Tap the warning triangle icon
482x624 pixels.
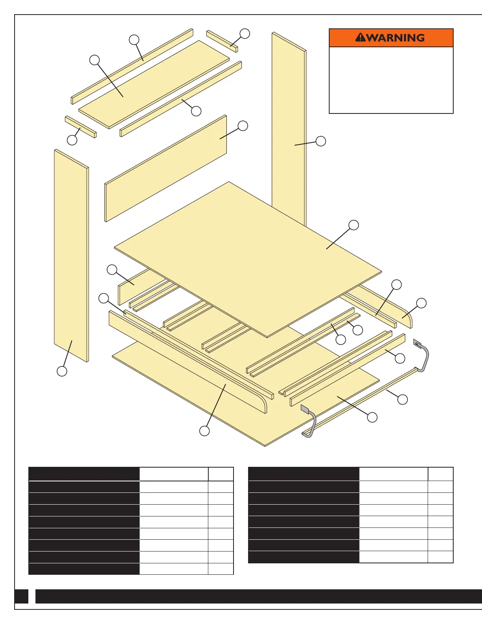click(x=360, y=37)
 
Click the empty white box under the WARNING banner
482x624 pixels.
click(x=391, y=80)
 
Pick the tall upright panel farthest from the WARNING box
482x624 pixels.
click(x=71, y=256)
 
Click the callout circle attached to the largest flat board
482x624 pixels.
click(x=354, y=225)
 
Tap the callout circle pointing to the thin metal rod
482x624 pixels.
click(x=402, y=399)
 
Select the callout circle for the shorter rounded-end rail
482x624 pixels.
click(x=421, y=303)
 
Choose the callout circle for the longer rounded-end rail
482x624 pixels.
click(x=204, y=431)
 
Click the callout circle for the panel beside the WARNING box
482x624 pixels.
click(x=321, y=141)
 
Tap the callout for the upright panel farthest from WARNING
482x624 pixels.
click(x=62, y=371)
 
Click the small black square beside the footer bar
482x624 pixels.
click(x=21, y=596)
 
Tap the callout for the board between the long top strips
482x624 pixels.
click(x=95, y=60)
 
